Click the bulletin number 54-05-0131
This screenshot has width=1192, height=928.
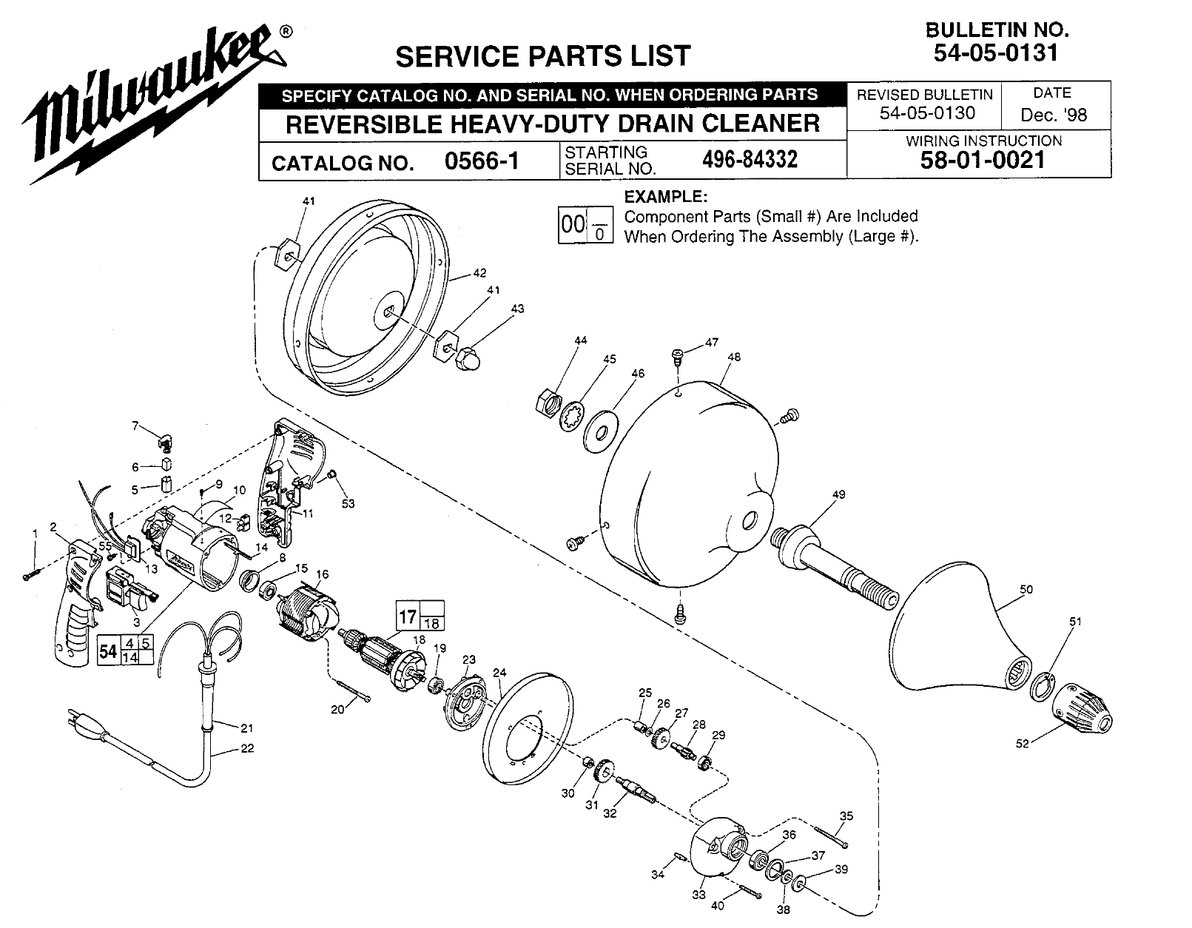pos(996,53)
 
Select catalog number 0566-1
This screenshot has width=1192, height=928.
pos(482,161)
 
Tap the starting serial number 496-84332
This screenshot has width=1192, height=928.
pos(749,160)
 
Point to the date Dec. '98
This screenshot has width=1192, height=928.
pos(1054,115)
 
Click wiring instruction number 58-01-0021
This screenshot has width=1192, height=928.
pos(983,161)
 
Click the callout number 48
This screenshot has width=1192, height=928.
pos(733,357)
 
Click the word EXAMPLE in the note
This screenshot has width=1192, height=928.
pos(666,197)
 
